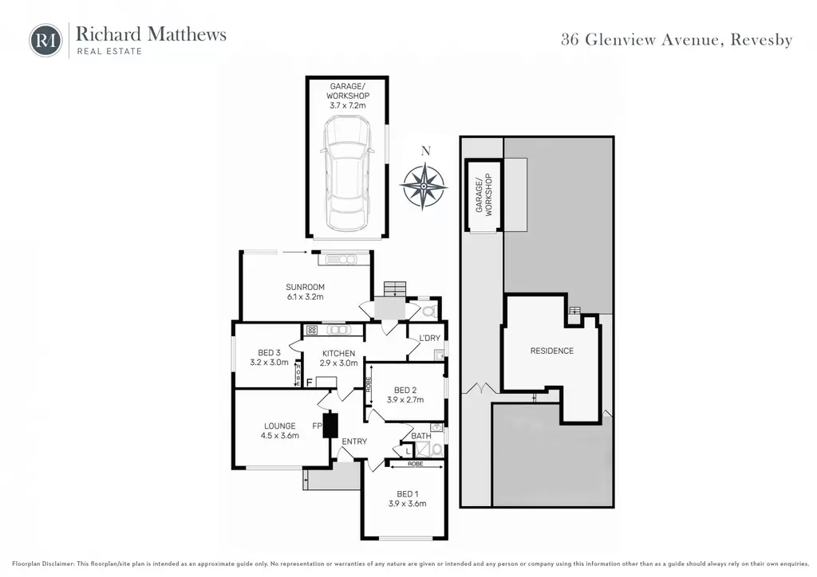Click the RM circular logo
[x=45, y=40]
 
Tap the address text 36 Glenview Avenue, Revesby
[x=677, y=40]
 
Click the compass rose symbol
[x=424, y=186]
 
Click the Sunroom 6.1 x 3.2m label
[x=306, y=292]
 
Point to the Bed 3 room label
[x=269, y=358]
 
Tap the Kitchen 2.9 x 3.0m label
[x=338, y=358]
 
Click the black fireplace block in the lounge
[x=330, y=425]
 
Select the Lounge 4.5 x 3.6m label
[x=280, y=431]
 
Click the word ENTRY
[x=354, y=442]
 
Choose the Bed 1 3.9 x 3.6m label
[x=407, y=498]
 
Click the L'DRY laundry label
[x=430, y=338]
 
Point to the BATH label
[x=421, y=435]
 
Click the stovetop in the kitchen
[x=312, y=330]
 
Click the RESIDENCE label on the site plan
[x=552, y=351]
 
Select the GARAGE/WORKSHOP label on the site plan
[x=483, y=194]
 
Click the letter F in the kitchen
[x=309, y=383]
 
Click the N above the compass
[x=426, y=151]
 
